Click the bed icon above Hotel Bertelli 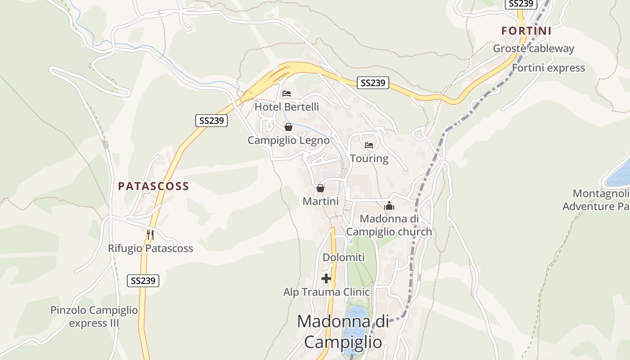tap(287, 94)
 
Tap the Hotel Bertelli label tap(287, 107)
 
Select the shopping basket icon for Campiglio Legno tap(288, 127)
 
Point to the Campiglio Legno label tap(288, 140)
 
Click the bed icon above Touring tap(369, 145)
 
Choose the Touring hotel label tap(369, 158)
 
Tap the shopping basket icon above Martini tap(320, 188)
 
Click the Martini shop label tap(320, 201)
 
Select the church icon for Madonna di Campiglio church tap(389, 206)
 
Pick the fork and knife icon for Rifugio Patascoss tap(150, 234)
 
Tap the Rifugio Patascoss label tap(150, 248)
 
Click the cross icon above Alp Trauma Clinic tap(326, 279)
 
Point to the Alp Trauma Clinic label tap(326, 292)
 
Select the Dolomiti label tap(343, 257)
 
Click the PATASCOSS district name tap(153, 186)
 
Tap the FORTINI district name tap(526, 31)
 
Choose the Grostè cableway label tap(534, 49)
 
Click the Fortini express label tap(549, 68)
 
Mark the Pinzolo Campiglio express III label tap(94, 316)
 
